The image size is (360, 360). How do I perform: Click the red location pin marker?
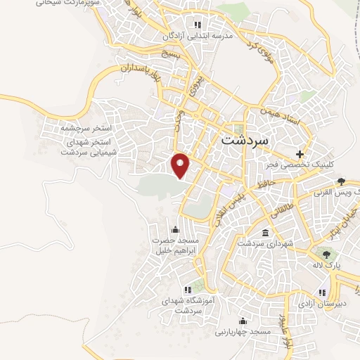[x=181, y=165]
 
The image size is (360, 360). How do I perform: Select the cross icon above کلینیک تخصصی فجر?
[x=300, y=153]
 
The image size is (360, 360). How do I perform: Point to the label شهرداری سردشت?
[x=262, y=243]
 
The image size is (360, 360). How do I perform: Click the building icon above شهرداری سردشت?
[x=264, y=233]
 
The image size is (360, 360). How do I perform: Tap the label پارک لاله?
[x=327, y=265]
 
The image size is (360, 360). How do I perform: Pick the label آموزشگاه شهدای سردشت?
[x=188, y=305]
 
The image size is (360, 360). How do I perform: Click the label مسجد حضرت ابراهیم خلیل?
[x=174, y=245]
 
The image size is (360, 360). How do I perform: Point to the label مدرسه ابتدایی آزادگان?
[x=190, y=35]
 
